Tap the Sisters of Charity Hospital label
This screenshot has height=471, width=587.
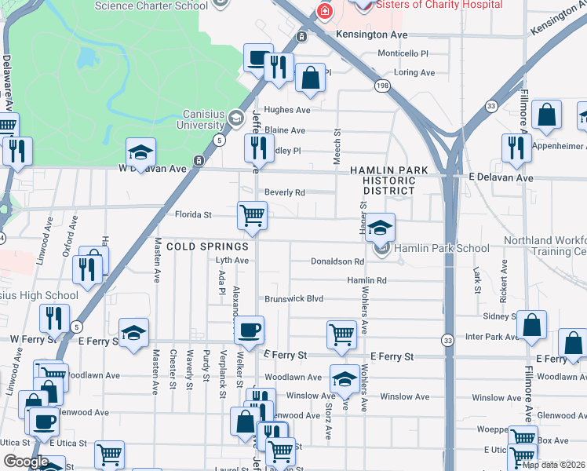point(439,5)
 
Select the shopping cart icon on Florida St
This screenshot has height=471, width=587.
point(253,215)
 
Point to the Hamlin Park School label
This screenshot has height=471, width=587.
point(441,249)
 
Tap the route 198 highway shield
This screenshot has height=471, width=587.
point(382,86)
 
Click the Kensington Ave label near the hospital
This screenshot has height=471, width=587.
point(372,35)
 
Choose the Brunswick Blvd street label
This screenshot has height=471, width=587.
point(293,299)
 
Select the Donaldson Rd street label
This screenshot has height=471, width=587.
point(337,261)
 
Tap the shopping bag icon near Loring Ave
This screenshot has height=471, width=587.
point(311,78)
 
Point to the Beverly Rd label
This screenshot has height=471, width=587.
point(284,192)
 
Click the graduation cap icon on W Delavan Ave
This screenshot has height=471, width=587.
point(141,152)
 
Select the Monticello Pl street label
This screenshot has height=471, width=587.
point(403,54)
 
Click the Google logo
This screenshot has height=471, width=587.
point(27,462)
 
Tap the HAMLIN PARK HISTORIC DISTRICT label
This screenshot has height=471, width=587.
point(389,181)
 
